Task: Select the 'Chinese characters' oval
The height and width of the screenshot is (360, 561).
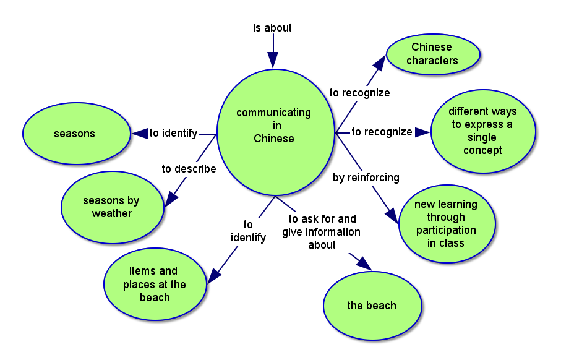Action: click(x=433, y=54)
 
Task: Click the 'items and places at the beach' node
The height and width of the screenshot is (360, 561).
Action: click(x=155, y=284)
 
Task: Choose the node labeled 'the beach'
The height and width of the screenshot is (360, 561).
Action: click(x=372, y=306)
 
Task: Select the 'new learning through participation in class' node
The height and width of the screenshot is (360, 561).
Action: click(x=446, y=223)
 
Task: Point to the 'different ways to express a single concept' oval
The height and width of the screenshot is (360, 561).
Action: click(x=483, y=131)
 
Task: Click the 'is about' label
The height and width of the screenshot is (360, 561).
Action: click(x=272, y=28)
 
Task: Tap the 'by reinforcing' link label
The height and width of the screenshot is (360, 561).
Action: click(x=366, y=178)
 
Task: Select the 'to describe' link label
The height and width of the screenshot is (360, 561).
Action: click(x=189, y=169)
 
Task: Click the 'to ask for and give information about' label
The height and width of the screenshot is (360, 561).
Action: click(x=322, y=231)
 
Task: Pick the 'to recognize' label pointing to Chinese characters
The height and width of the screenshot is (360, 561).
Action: click(x=359, y=93)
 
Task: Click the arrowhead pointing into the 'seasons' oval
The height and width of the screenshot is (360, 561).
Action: click(x=139, y=133)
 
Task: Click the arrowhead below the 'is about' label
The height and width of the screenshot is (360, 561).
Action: click(x=273, y=59)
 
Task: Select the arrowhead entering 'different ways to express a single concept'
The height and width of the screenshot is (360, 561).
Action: click(x=422, y=132)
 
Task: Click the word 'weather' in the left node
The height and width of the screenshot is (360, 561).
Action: click(x=112, y=213)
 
